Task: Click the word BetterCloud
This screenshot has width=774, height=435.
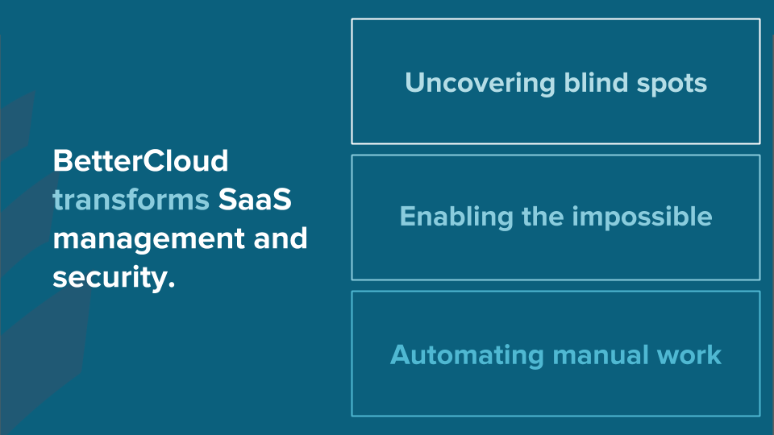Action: coord(140,161)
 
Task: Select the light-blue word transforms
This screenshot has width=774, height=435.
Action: coord(131,200)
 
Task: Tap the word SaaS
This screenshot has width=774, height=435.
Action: coord(255,200)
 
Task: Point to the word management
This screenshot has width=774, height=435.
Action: coord(148,240)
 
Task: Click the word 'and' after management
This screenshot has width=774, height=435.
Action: coord(281,238)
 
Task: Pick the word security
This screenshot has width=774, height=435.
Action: coord(110,278)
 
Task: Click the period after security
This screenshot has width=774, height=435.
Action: coord(171,285)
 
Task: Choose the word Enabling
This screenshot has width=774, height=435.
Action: coord(456,217)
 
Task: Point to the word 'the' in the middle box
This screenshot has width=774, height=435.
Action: coord(543,216)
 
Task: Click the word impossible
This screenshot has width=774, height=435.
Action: coord(643,217)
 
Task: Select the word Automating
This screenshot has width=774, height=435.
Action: coord(467,355)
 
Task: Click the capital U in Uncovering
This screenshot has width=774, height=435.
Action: coord(415,83)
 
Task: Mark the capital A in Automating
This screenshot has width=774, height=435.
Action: coord(401,355)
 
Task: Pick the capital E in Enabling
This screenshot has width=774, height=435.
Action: coord(408,217)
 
